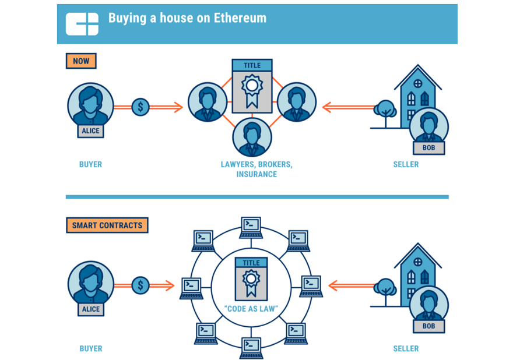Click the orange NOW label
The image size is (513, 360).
coord(81,61)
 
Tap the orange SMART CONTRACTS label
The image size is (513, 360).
coord(107,225)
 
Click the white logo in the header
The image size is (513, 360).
coord(82,24)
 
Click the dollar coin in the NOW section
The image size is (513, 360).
coord(140,107)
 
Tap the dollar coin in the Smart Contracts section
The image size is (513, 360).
coord(140,285)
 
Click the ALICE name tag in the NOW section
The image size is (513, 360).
coord(90,131)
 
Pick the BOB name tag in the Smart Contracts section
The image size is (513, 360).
coord(428,326)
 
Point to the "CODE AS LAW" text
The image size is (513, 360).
coord(251,309)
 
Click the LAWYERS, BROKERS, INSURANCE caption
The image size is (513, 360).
coord(256,169)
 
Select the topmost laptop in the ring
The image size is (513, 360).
coord(251,228)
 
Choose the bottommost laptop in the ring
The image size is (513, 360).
coord(251,348)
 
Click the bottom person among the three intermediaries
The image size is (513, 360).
coord(252,137)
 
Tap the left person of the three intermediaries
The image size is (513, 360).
coord(208,102)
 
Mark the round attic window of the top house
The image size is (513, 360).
coord(418,83)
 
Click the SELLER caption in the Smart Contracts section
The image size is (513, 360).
coord(406,348)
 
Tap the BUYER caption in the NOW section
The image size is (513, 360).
coord(90,164)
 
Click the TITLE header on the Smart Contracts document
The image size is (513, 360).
coord(251,263)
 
